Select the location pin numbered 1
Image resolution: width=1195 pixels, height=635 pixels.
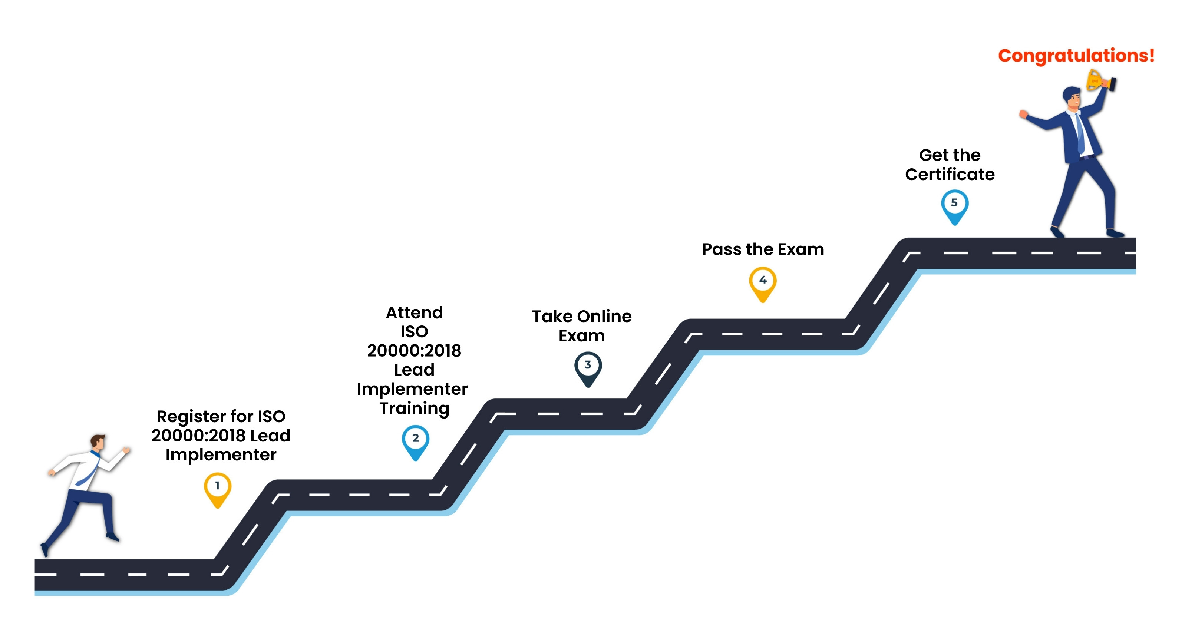pos(218,490)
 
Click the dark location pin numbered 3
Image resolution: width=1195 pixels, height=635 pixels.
pos(588,369)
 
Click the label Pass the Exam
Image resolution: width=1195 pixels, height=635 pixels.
pos(763,249)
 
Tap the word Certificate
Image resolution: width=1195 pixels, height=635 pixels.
pos(950,174)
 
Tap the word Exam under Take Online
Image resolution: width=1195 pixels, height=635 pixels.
pos(582,336)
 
